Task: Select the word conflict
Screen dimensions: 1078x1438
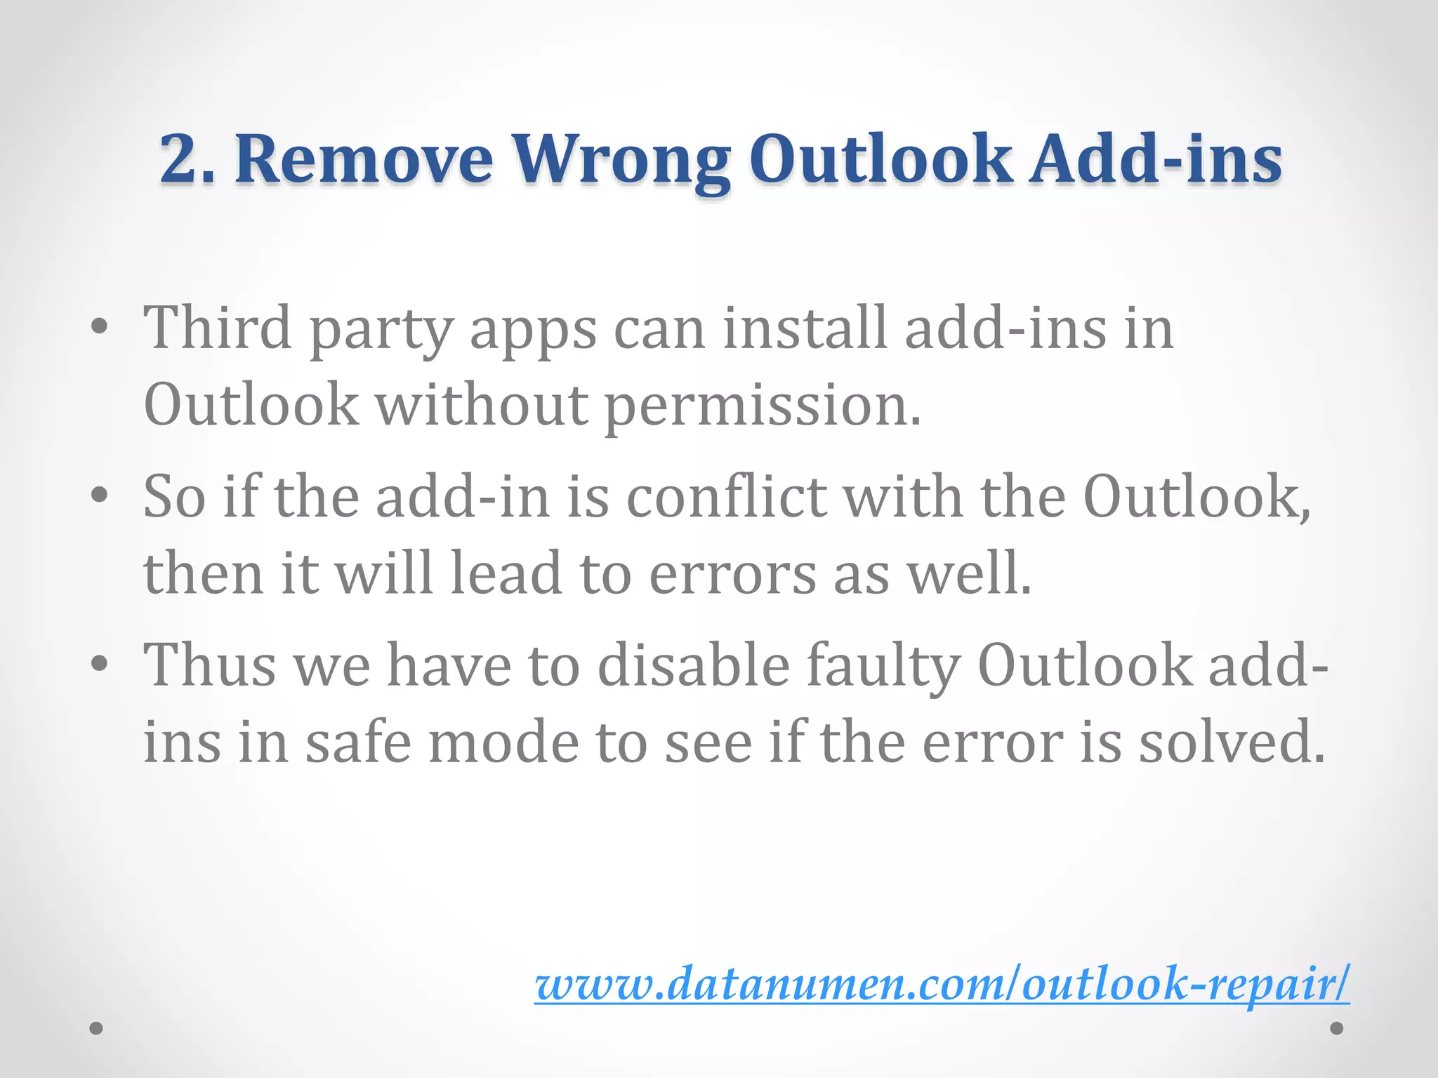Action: tap(726, 496)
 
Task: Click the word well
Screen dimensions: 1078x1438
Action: tap(969, 573)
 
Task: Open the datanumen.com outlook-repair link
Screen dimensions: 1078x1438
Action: tap(942, 984)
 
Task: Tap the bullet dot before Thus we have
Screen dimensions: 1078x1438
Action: tap(99, 663)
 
